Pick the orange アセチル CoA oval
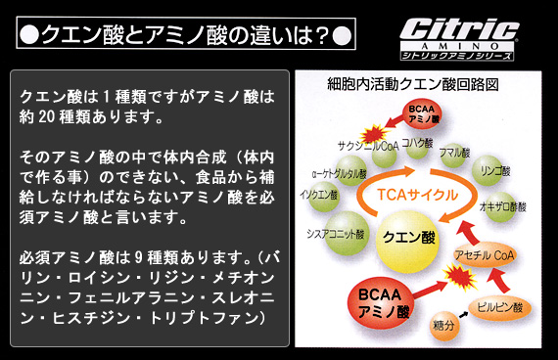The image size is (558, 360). click(x=486, y=255)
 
